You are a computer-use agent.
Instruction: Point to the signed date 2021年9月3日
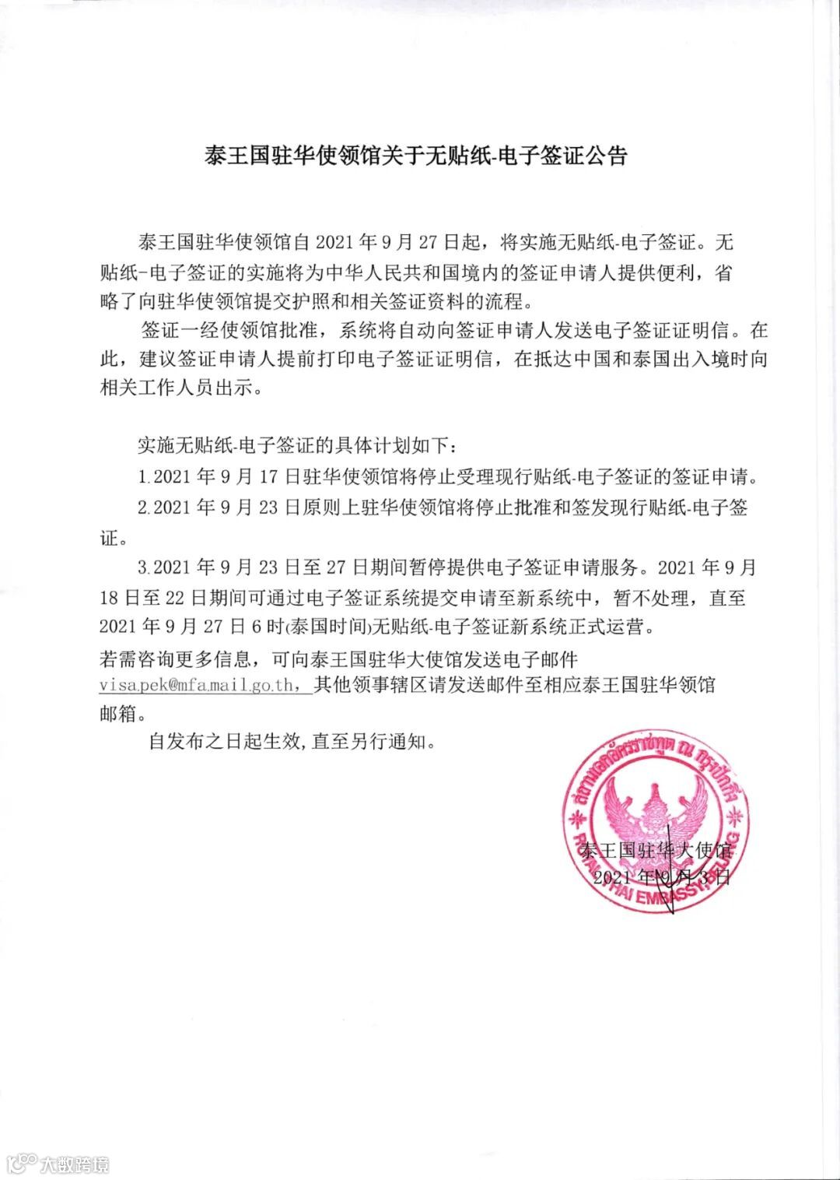[661, 877]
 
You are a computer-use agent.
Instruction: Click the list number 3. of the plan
[143, 567]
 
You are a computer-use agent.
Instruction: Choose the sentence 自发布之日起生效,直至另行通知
[292, 741]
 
